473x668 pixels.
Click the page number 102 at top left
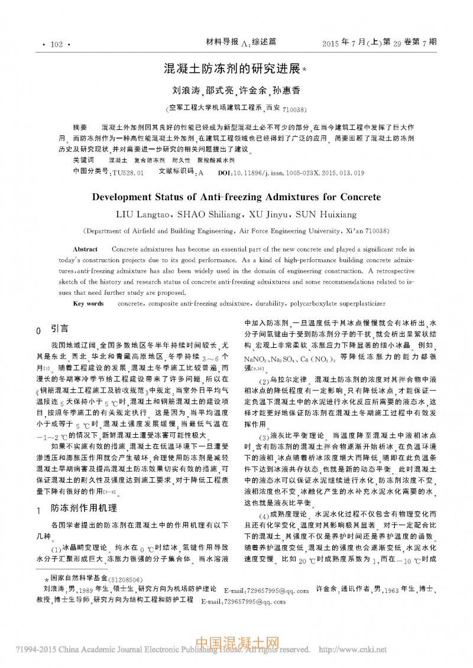(x=57, y=44)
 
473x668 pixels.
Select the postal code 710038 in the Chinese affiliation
(x=294, y=110)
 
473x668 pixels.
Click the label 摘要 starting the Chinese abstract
(x=80, y=128)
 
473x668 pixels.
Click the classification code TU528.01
(x=128, y=173)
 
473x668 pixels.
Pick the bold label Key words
(x=88, y=304)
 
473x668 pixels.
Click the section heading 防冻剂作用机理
(x=83, y=508)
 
